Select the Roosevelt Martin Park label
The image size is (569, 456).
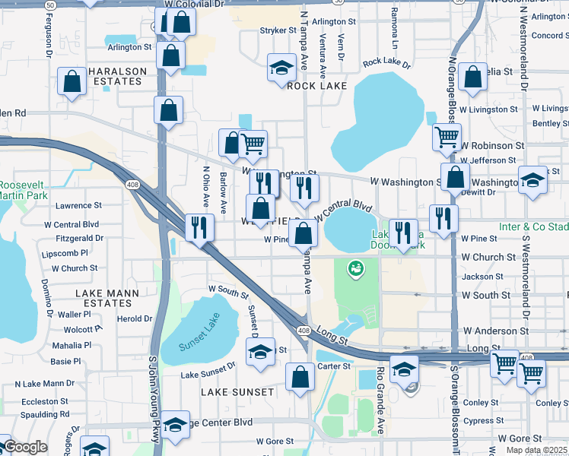point(23,191)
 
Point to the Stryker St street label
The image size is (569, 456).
point(278,30)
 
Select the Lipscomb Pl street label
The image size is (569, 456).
point(66,252)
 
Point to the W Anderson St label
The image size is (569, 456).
point(496,331)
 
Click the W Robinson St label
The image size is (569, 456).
point(492,144)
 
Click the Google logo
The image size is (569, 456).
point(24,448)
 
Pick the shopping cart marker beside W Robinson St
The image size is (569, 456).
point(447,138)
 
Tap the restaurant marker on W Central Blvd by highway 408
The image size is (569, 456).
point(200,227)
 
